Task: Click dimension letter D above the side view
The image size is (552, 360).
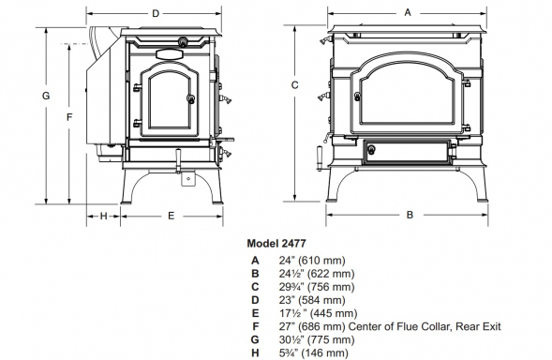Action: tap(156, 14)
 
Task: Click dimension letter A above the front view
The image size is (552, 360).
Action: tap(408, 13)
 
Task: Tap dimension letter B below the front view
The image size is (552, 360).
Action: tap(410, 215)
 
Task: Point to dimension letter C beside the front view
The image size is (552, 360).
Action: tap(294, 85)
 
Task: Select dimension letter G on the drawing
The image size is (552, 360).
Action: tap(46, 96)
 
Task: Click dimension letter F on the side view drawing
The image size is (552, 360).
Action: tap(69, 117)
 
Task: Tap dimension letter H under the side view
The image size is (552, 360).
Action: tap(103, 216)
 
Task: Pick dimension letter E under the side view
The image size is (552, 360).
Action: tap(172, 216)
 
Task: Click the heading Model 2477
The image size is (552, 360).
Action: tap(276, 244)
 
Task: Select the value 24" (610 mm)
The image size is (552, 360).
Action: tap(312, 261)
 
